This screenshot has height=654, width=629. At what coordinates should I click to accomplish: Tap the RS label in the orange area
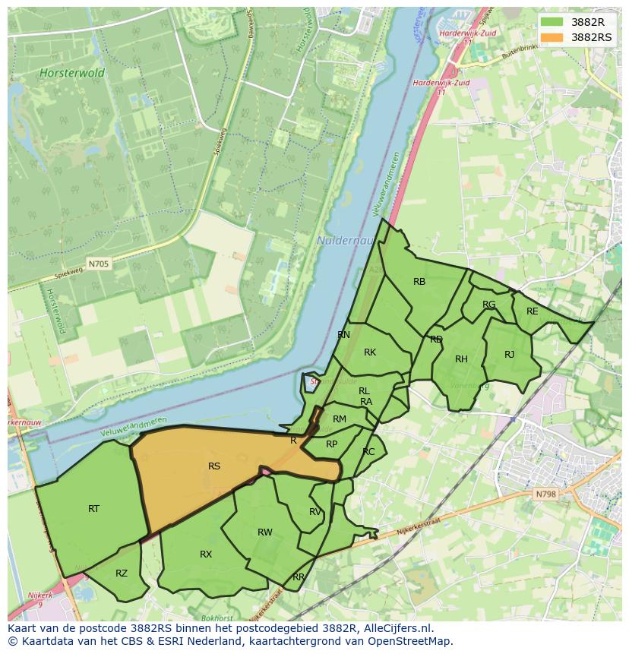[x=214, y=466]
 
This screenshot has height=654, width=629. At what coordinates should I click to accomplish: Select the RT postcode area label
[x=93, y=509]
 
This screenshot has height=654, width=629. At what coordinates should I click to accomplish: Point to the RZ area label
[x=122, y=573]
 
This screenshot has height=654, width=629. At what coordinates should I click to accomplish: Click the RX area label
[x=206, y=554]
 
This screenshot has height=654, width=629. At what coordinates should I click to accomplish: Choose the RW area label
[x=264, y=532]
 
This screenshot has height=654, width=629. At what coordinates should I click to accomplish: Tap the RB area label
[x=419, y=282]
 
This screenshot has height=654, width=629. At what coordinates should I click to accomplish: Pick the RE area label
[x=532, y=311]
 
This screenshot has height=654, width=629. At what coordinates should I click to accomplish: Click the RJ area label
[x=509, y=355]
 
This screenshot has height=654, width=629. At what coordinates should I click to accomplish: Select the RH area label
[x=461, y=359]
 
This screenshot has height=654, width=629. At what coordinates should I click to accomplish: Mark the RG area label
[x=488, y=305]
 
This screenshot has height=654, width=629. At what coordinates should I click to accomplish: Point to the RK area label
[x=370, y=352]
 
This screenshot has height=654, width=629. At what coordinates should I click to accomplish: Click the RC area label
[x=368, y=452]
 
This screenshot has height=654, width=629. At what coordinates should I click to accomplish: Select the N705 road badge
[x=98, y=264]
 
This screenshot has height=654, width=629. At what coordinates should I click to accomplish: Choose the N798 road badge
[x=545, y=494]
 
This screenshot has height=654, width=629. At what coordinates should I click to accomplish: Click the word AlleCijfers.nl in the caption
[x=395, y=628]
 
